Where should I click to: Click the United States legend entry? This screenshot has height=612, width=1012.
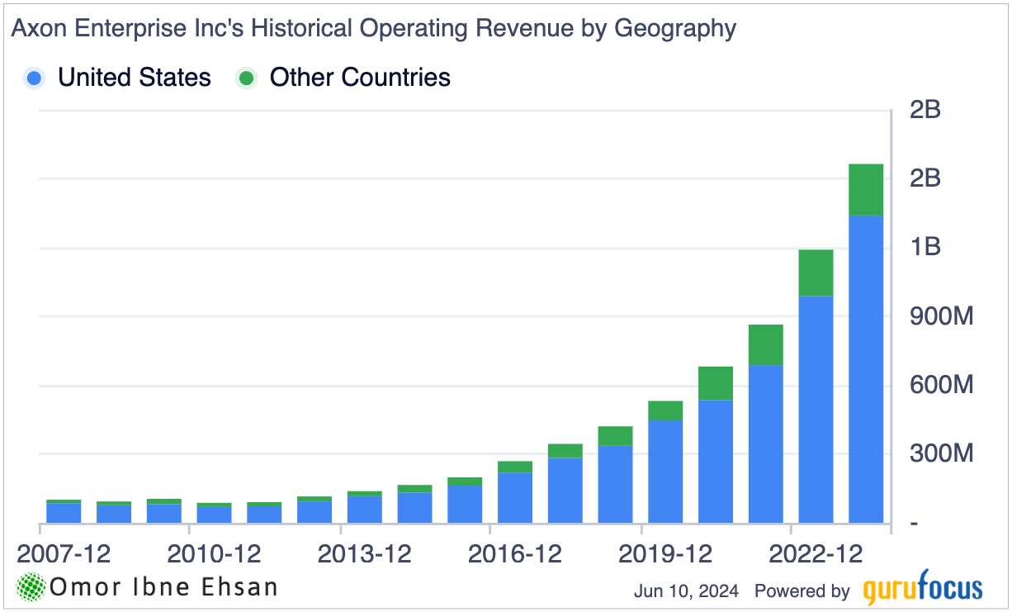(x=134, y=78)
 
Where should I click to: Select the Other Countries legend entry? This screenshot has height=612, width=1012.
(x=360, y=78)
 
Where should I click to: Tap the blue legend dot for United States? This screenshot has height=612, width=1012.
(x=35, y=78)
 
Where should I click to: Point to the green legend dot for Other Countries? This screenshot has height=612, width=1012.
(x=246, y=78)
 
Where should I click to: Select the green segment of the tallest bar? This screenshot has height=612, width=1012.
(x=866, y=189)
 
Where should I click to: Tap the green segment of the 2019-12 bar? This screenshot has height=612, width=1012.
(x=665, y=410)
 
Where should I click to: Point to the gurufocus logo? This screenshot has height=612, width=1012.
(x=923, y=590)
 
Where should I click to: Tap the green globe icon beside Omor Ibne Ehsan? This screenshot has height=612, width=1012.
(x=31, y=587)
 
